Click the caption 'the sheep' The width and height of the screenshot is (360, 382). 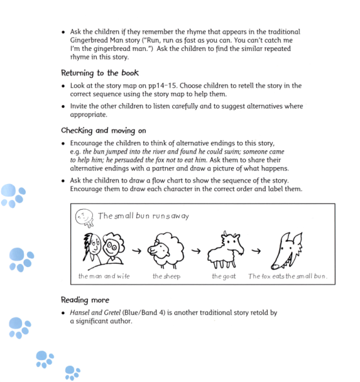166,276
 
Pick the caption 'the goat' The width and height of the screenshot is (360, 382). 224,276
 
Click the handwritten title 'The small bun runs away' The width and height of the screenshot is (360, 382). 143,216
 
